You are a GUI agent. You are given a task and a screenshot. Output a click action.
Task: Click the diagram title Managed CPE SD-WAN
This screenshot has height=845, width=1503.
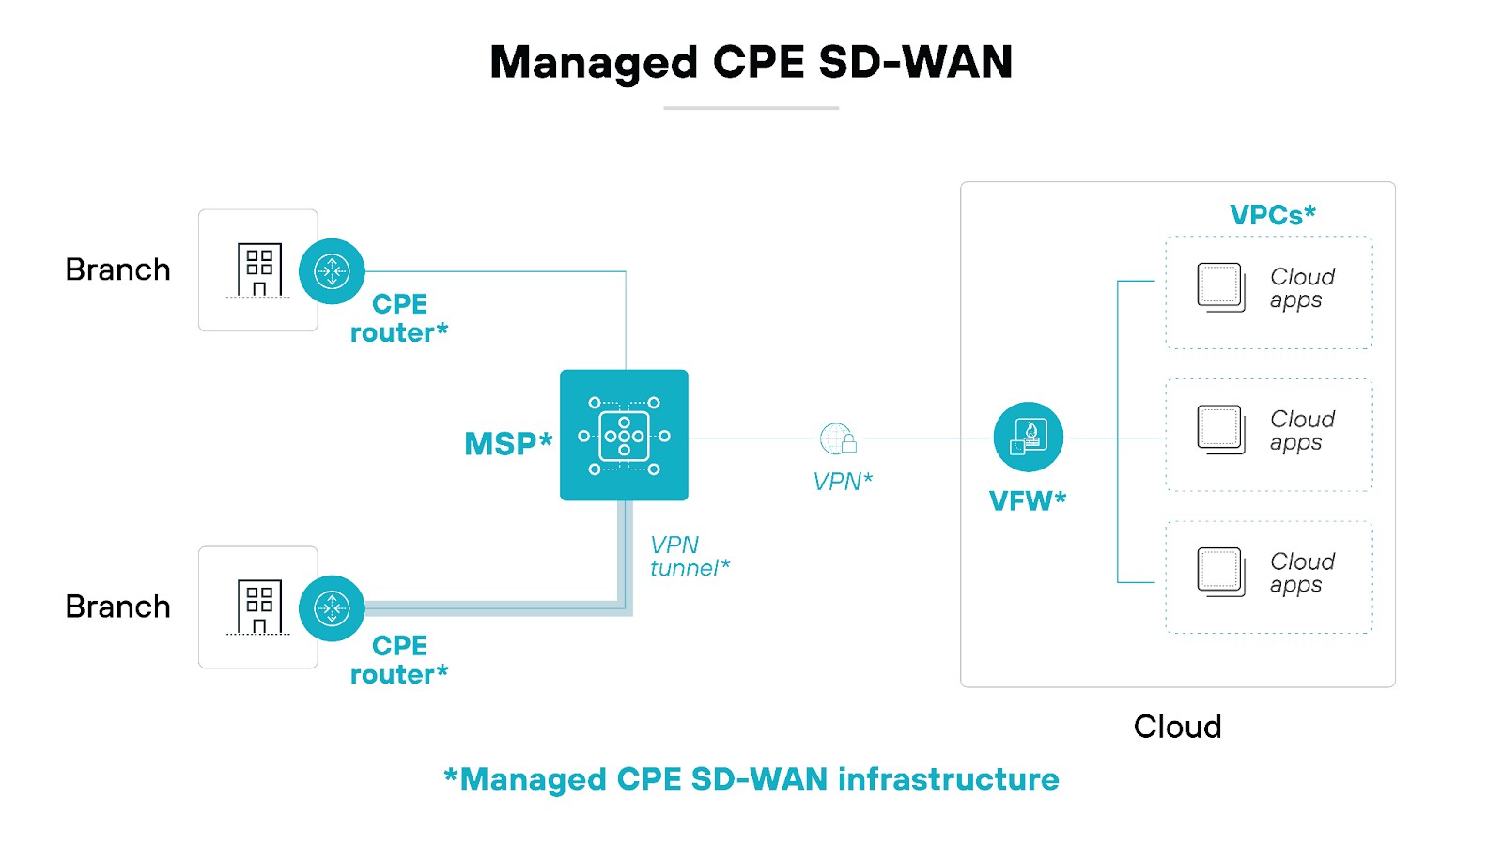click(x=751, y=63)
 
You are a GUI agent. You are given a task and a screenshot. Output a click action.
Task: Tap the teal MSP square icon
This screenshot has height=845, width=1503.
click(x=624, y=435)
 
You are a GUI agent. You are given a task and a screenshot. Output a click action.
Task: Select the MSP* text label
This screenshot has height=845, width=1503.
click(x=508, y=443)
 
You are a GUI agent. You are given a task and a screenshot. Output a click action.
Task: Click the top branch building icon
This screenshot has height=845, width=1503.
click(x=258, y=270)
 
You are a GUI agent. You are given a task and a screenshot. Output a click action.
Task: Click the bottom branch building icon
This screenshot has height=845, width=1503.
click(x=258, y=607)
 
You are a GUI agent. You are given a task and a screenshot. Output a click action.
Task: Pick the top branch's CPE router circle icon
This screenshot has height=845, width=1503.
click(x=332, y=271)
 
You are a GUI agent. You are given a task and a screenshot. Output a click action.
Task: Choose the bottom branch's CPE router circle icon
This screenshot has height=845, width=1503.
click(x=332, y=608)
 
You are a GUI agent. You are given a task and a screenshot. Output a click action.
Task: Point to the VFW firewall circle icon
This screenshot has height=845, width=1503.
click(x=1028, y=438)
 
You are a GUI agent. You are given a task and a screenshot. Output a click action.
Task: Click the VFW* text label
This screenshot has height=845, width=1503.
click(x=1027, y=500)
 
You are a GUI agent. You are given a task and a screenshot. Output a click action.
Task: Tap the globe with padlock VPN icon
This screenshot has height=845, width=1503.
click(x=838, y=438)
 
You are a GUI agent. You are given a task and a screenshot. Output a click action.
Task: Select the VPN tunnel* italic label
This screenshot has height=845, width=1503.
click(x=688, y=557)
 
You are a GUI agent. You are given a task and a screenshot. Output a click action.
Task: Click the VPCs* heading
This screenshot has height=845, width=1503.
click(x=1272, y=215)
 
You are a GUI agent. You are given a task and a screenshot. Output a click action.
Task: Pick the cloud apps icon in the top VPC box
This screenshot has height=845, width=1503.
click(x=1220, y=287)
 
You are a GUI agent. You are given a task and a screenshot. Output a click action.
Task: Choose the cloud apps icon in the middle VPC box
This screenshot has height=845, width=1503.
click(x=1220, y=430)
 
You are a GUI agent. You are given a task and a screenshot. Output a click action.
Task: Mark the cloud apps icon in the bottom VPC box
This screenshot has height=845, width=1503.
click(x=1220, y=572)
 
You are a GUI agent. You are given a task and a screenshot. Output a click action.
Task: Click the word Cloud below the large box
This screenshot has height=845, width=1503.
click(x=1177, y=727)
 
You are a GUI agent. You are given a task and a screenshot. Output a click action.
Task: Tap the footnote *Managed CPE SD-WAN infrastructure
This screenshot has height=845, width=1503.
click(x=751, y=779)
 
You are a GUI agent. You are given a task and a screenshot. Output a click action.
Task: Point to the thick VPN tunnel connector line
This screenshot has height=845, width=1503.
click(x=498, y=608)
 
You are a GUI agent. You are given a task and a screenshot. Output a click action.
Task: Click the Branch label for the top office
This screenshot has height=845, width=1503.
click(x=117, y=270)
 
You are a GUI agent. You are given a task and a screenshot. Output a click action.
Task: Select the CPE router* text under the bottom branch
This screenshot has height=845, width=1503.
click(x=399, y=660)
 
